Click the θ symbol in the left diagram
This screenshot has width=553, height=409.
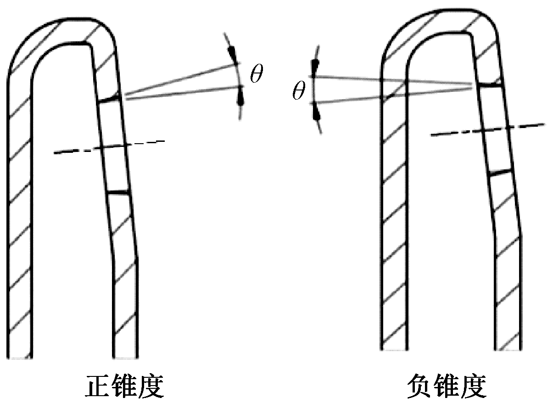tap(257, 74)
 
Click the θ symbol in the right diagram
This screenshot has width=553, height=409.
tap(299, 92)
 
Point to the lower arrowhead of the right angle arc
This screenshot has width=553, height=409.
tap(315, 112)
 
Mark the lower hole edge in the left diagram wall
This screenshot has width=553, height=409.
tap(118, 193)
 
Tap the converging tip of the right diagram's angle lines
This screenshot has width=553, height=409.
tap(472, 85)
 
